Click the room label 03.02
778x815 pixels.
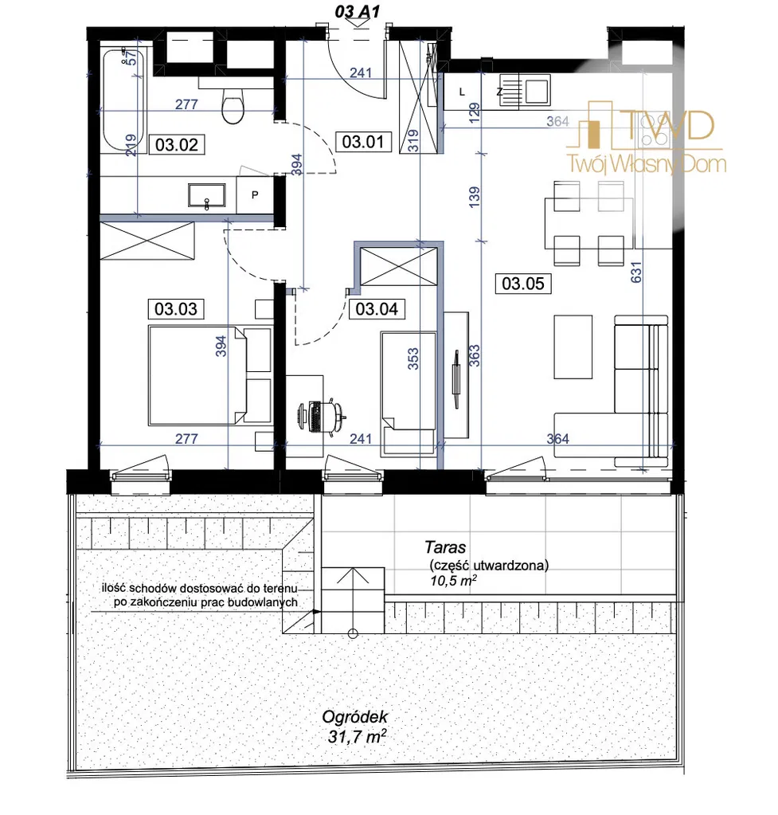click(177, 144)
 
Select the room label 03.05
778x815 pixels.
click(523, 284)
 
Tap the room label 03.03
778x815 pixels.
click(176, 309)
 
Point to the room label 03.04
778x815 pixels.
click(377, 309)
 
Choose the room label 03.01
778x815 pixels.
click(363, 141)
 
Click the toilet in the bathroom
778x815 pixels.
click(233, 104)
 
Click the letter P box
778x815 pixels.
click(255, 195)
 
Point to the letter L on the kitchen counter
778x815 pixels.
click(462, 92)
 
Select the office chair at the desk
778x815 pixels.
click(323, 416)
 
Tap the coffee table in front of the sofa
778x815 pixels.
click(573, 347)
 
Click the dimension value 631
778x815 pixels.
click(636, 272)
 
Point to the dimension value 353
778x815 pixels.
click(412, 359)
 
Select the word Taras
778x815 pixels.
click(445, 547)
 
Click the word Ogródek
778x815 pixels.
click(355, 717)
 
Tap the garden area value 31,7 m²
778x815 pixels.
click(358, 736)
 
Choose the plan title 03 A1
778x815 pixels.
click(357, 11)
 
